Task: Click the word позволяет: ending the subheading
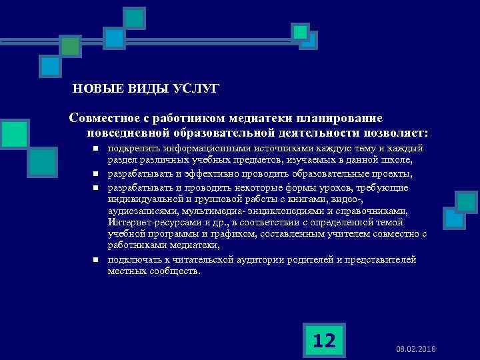[x=392, y=132]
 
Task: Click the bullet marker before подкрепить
[x=95, y=149]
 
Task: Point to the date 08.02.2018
[x=415, y=349]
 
